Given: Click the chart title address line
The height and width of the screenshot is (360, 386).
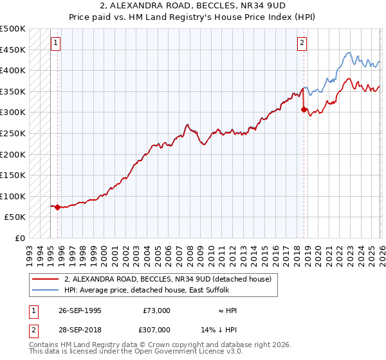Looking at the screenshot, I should coord(192,6).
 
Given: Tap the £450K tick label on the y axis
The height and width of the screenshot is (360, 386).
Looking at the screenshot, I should coord(13,50).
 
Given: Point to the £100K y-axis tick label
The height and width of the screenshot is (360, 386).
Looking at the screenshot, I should coord(13,196).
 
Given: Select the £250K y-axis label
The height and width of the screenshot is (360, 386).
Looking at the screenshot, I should coord(13,133).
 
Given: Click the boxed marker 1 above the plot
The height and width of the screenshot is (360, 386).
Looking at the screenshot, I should coord(56,43).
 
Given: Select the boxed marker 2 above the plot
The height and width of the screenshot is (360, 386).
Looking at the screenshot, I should coord(302,43).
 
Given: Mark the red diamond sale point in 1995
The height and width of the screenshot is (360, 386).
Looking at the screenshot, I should coord(58,207).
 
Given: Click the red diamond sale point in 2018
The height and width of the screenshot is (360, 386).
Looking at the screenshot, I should coord(304,109).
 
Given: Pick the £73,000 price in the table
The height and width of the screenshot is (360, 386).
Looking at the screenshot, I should coord(156,310).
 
